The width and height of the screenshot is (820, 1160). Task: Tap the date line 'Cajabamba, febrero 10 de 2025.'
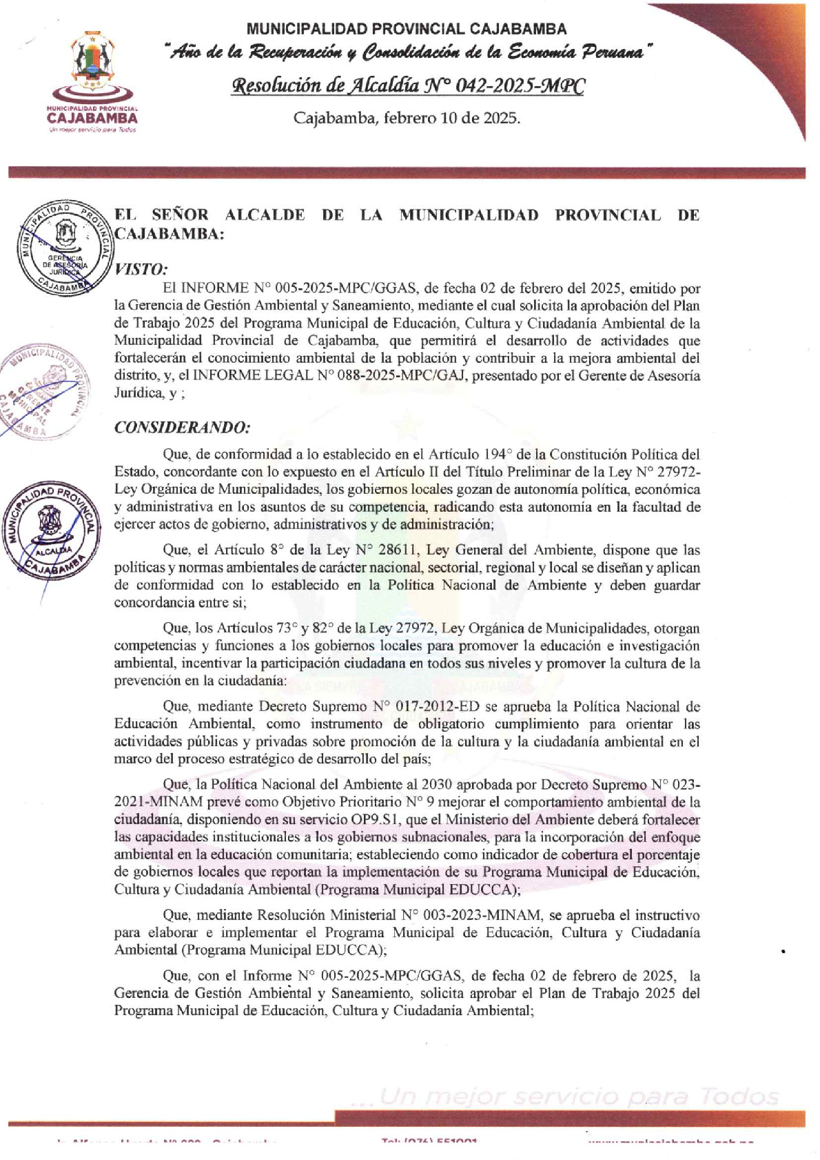pos(407,118)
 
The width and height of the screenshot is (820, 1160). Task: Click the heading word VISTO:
pos(141,269)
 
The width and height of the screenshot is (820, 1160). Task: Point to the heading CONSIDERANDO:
pos(182,428)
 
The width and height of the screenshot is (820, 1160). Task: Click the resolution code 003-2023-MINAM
pos(482,916)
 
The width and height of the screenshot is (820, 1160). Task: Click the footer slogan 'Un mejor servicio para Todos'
pos(579,1097)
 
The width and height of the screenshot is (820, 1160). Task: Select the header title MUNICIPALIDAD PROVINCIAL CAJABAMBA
pos(407,29)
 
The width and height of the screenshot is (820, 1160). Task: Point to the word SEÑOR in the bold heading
pos(180,215)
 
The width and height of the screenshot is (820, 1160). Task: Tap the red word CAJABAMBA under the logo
pos(92,119)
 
